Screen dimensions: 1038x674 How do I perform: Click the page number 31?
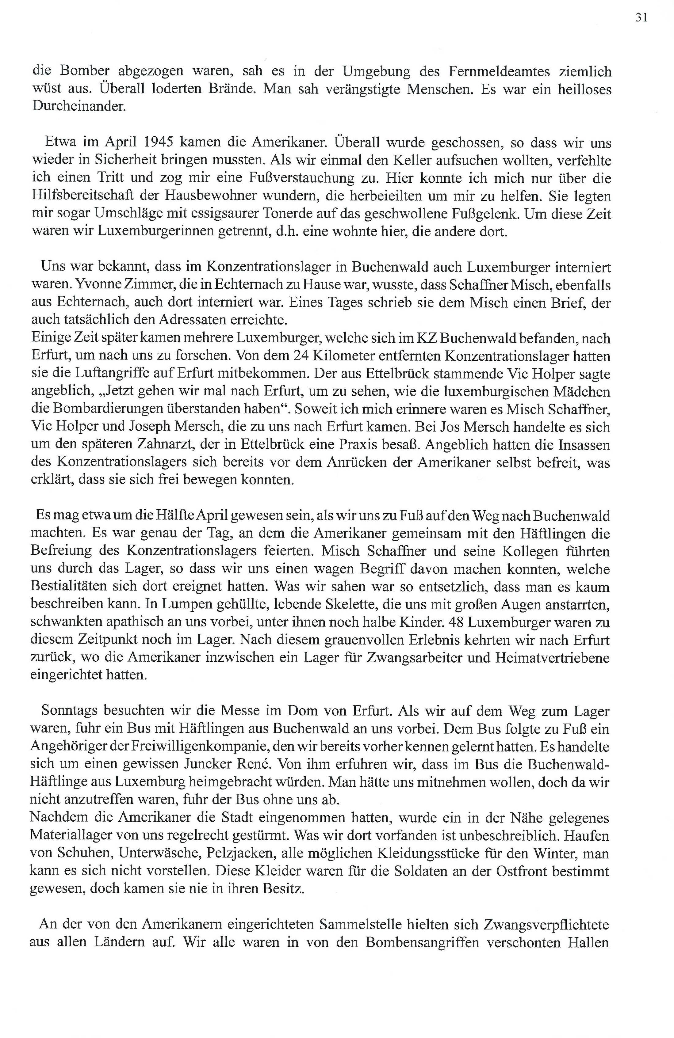point(641,18)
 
